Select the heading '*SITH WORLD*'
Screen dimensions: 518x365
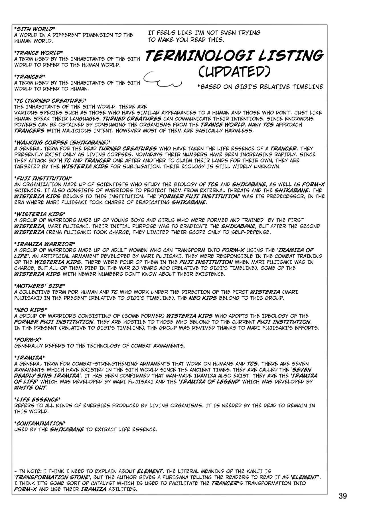click(34, 29)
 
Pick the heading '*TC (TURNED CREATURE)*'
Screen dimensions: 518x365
click(50, 101)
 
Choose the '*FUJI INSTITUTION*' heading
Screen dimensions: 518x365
click(43, 178)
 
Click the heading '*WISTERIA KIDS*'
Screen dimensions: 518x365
click(38, 214)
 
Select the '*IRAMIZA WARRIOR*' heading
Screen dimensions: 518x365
click(44, 244)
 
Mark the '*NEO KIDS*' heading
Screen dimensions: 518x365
click(31, 310)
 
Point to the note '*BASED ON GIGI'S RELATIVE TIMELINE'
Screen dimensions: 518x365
click(260, 87)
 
